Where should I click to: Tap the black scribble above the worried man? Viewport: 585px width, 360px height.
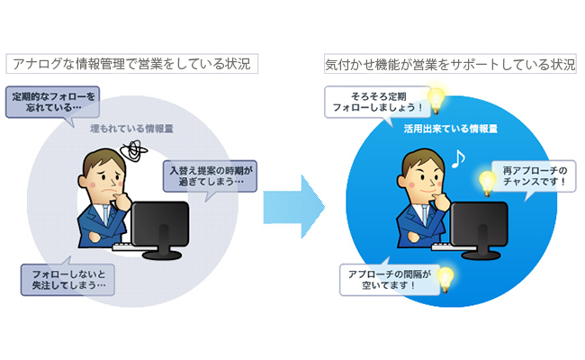[134, 150]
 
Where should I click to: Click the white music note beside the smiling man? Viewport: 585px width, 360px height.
[458, 158]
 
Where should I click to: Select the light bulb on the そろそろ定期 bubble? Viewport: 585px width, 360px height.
[436, 100]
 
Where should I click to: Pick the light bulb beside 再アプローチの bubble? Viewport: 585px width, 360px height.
[488, 184]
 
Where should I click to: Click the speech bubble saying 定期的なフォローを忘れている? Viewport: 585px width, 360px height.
[52, 103]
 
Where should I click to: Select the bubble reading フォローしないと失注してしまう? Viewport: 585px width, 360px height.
[67, 279]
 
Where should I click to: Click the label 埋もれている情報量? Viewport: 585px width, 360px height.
[131, 129]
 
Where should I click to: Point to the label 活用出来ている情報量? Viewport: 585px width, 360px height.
[451, 129]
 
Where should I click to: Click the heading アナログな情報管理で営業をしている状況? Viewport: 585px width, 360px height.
[131, 64]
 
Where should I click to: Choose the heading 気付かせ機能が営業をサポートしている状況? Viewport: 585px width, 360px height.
[450, 64]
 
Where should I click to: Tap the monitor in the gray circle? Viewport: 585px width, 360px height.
[160, 229]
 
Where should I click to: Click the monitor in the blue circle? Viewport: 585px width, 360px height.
[480, 229]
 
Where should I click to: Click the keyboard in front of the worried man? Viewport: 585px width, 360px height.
[129, 247]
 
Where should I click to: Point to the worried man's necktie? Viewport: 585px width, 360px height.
[106, 215]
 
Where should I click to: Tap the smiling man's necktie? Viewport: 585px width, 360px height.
[426, 215]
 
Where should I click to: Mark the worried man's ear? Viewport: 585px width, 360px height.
[83, 181]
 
